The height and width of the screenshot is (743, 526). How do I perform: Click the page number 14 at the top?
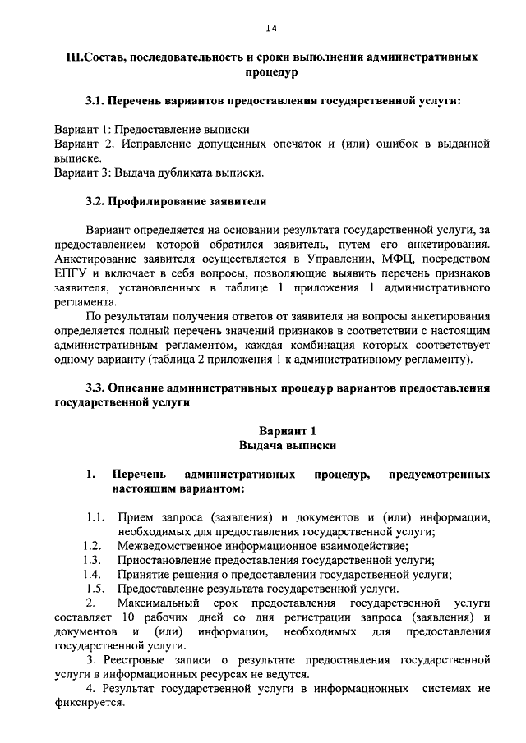[270, 29]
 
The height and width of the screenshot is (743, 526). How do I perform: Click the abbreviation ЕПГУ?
[69, 273]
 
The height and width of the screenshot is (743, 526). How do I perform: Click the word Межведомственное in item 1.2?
[172, 546]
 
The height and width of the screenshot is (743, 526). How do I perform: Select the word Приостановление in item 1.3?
[165, 560]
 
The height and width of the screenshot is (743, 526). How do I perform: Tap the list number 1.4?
[92, 574]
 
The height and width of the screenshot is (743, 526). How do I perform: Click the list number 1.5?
[95, 588]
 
